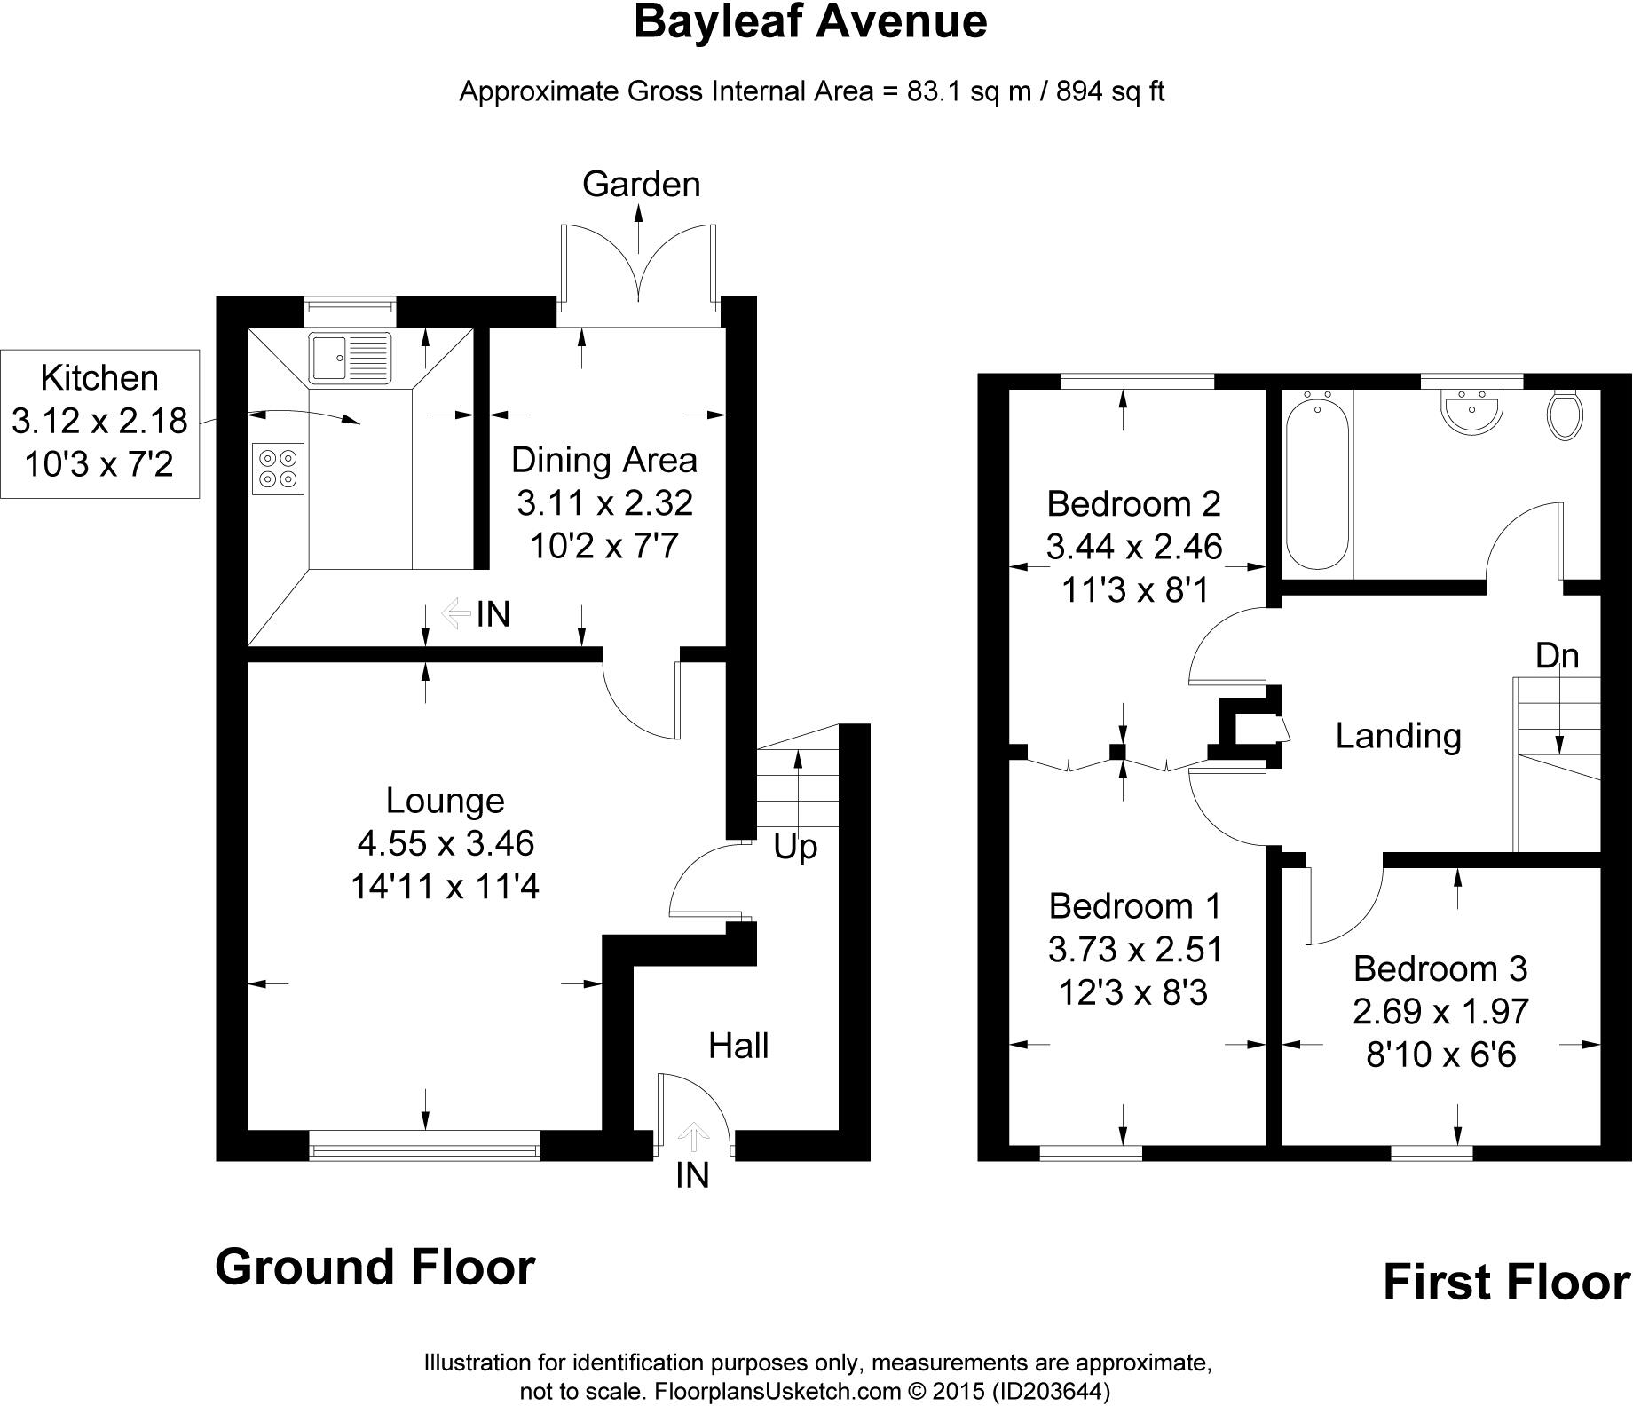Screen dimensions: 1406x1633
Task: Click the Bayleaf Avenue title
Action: click(809, 22)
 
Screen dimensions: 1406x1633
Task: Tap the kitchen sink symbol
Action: click(350, 357)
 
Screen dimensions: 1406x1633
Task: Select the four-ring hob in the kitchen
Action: click(278, 469)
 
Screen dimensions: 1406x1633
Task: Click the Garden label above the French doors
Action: click(641, 184)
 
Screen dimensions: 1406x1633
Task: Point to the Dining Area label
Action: click(603, 460)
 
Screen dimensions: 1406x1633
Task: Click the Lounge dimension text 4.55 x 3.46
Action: click(446, 842)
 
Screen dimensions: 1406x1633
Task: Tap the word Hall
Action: click(738, 1046)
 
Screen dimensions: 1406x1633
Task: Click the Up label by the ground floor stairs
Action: click(794, 848)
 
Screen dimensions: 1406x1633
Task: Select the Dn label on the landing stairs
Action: click(1558, 655)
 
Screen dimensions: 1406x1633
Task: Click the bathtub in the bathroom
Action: click(1318, 484)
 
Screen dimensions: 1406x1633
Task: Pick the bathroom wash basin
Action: click(1472, 413)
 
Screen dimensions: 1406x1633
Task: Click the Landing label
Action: click(1398, 736)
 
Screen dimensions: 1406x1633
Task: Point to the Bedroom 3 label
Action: click(1440, 968)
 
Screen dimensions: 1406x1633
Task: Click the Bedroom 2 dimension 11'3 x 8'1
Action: click(1135, 589)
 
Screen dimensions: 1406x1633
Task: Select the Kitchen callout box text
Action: click(99, 422)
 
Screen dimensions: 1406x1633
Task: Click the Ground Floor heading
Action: click(375, 1267)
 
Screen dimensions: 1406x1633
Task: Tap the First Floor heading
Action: click(1506, 1282)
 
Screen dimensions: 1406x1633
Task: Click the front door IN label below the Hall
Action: click(692, 1175)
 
